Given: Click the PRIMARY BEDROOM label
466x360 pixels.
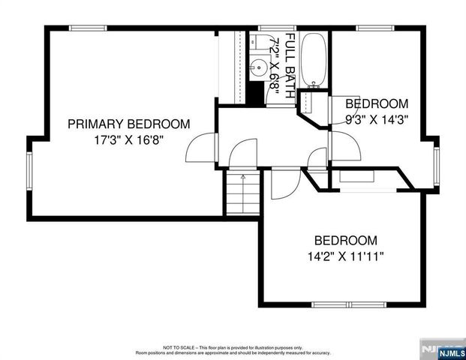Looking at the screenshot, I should (x=128, y=124).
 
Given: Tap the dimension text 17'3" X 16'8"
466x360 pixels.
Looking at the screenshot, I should (x=128, y=139).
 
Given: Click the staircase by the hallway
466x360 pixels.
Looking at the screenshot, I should (x=242, y=193).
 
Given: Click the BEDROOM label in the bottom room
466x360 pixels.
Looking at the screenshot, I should (x=345, y=241).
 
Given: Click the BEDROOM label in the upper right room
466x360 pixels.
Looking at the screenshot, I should (x=377, y=103).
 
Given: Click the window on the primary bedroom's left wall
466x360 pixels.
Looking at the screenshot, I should (x=29, y=172).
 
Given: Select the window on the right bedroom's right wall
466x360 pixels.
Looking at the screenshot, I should (x=436, y=165).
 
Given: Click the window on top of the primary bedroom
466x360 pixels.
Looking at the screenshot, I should (x=89, y=28).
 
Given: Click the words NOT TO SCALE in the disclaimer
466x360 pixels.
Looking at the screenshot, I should (x=180, y=348).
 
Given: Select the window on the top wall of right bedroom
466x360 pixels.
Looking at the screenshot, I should (x=375, y=28).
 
